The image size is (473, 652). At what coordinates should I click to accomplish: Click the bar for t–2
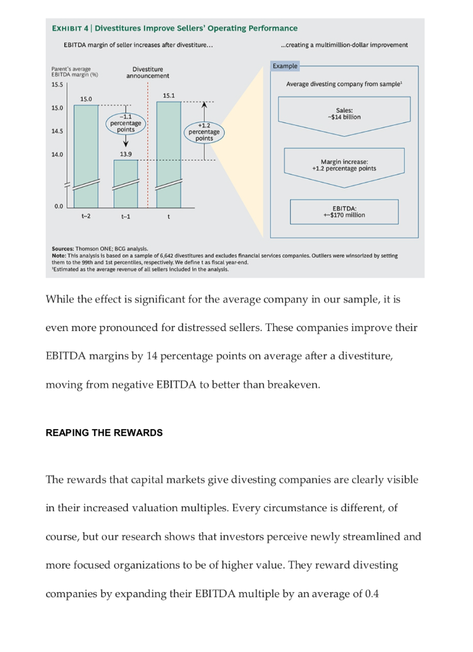click(86, 156)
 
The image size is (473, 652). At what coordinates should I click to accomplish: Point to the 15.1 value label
click(169, 96)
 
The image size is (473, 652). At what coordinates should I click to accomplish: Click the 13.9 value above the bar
click(126, 154)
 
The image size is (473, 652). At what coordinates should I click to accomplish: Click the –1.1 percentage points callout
click(126, 123)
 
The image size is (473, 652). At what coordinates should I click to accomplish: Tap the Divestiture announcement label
click(148, 73)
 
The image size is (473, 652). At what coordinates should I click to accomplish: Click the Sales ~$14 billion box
click(344, 114)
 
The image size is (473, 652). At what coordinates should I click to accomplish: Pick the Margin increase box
click(344, 165)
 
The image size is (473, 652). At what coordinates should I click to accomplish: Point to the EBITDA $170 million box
click(344, 211)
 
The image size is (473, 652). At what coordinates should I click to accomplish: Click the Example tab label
click(285, 66)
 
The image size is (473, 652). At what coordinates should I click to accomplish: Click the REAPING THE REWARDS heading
click(104, 433)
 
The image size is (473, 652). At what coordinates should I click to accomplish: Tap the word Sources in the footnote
click(62, 249)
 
